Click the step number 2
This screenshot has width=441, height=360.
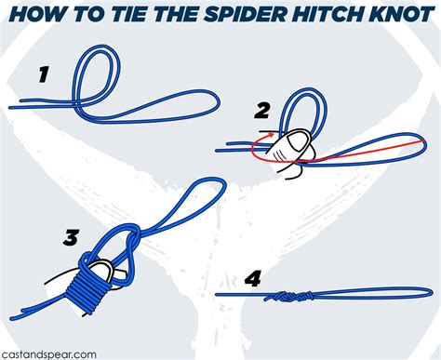click(262, 113)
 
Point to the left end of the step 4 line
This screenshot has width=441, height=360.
click(218, 295)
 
